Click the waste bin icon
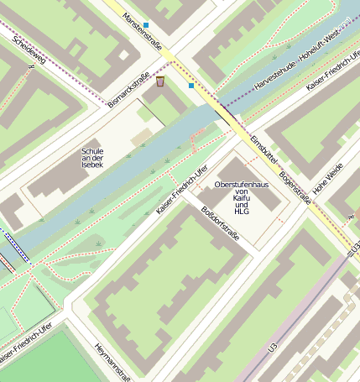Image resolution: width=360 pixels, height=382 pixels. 160,81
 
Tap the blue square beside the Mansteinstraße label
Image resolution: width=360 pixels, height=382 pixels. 146,25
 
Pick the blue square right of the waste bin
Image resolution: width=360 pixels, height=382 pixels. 191,86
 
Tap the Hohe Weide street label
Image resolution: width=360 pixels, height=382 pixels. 328,180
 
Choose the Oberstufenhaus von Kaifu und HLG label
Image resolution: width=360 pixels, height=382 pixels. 242,197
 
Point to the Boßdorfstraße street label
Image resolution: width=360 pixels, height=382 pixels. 221,223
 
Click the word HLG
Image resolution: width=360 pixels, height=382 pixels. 242,212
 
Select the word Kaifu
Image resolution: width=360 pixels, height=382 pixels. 242,198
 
